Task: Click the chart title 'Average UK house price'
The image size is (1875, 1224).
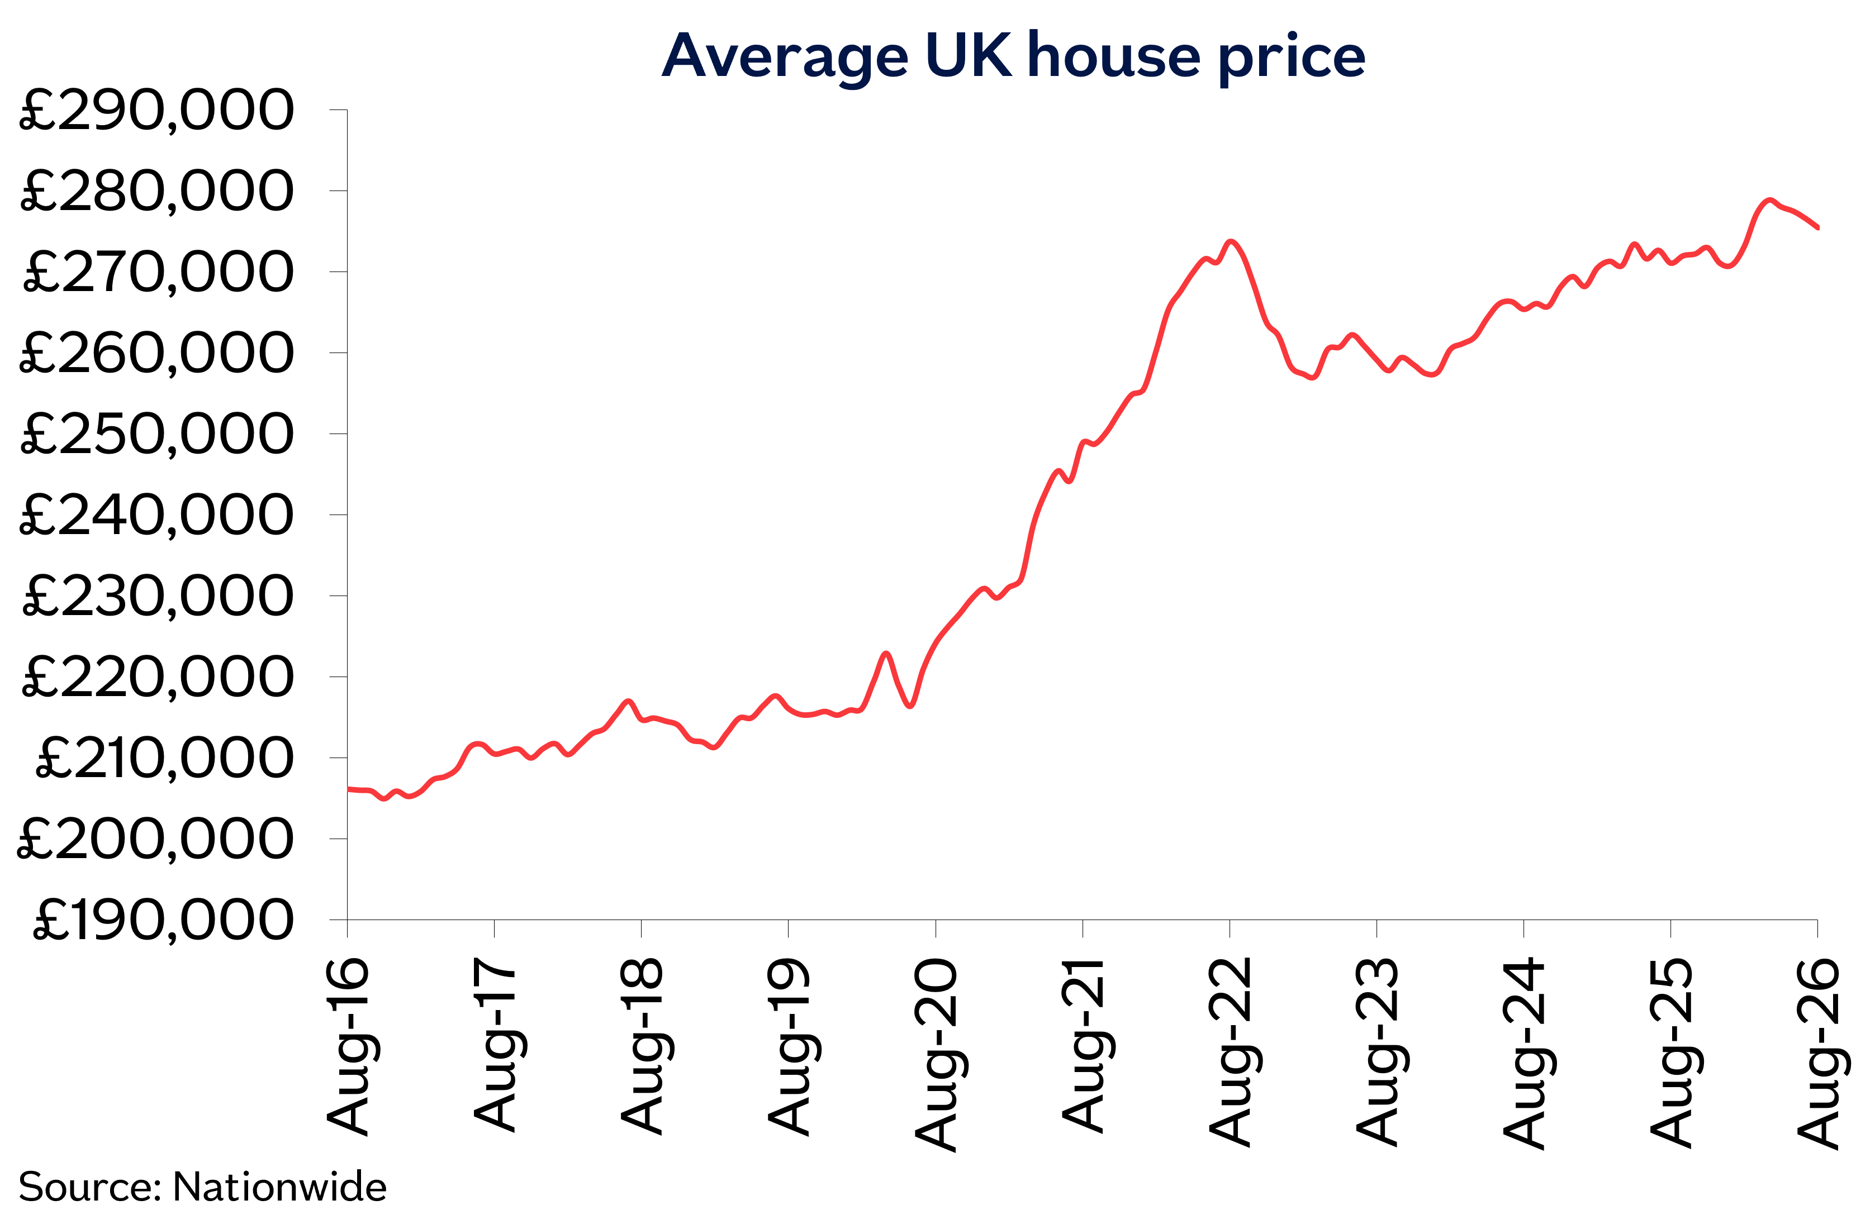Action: tap(1014, 57)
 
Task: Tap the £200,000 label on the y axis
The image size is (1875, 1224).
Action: tap(155, 839)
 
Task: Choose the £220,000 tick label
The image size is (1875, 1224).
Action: tap(158, 677)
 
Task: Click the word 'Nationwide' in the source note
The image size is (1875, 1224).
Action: tap(279, 1187)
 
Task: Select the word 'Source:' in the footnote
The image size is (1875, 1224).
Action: tap(91, 1187)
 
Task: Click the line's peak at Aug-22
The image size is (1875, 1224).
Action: tap(1231, 241)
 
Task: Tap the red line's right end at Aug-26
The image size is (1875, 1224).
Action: tap(1817, 227)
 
